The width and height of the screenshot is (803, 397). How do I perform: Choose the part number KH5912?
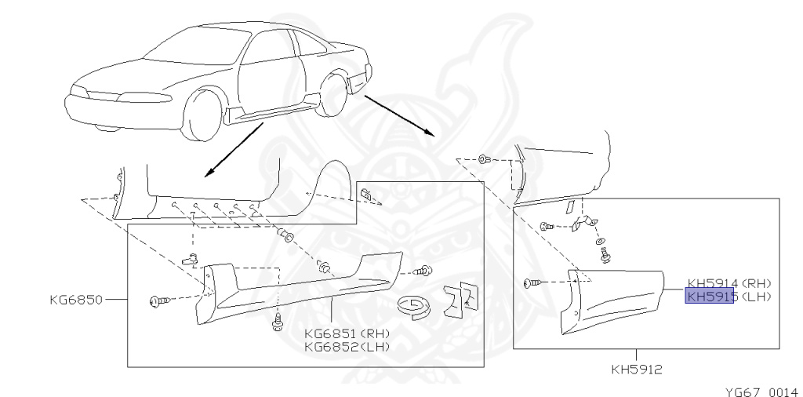pos(636,366)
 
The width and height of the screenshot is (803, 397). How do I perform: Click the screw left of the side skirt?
pos(157,300)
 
